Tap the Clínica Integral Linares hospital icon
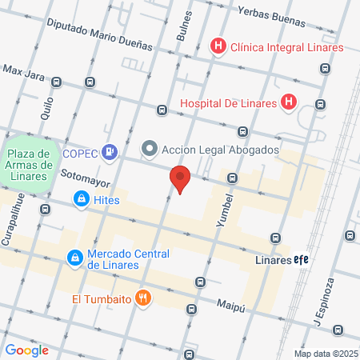tap(217, 47)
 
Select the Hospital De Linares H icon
tap(290, 102)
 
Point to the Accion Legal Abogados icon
tap(149, 149)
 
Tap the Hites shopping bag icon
tap(81, 199)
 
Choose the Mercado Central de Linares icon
tap(74, 258)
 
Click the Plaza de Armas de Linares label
tap(29, 165)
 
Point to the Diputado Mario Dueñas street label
tap(99, 35)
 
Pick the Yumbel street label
tap(226, 210)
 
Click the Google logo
tap(26, 350)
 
